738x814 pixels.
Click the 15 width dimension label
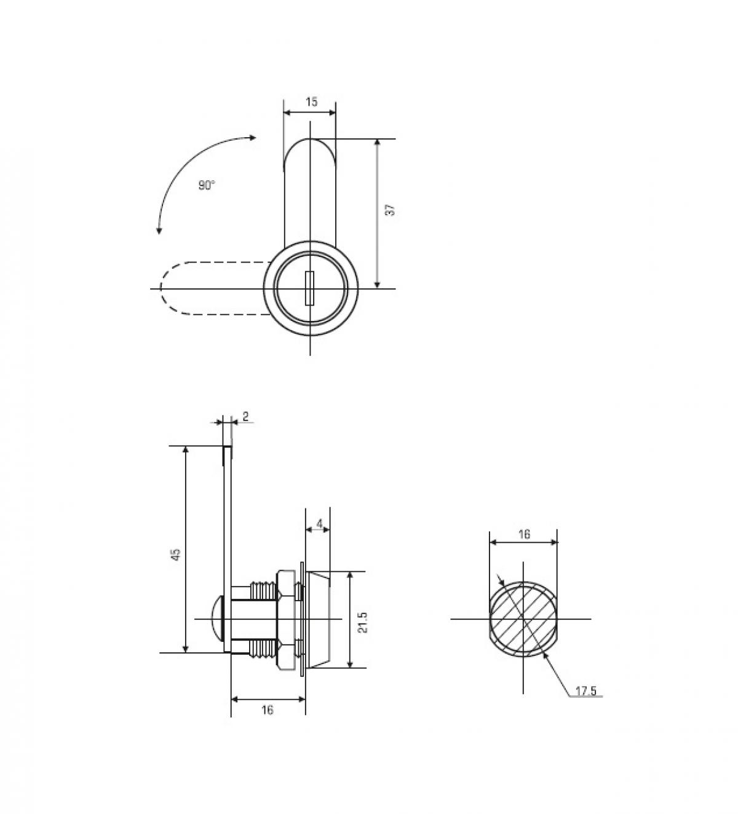[x=311, y=101]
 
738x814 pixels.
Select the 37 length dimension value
[x=389, y=210]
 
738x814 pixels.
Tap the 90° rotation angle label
[x=207, y=185]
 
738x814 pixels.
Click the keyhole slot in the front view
[x=310, y=288]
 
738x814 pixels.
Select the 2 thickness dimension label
[x=245, y=416]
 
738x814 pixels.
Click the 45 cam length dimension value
[x=176, y=553]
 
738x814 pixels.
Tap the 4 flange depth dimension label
[x=319, y=523]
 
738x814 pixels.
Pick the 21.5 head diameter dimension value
[x=362, y=622]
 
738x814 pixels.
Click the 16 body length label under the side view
[x=267, y=710]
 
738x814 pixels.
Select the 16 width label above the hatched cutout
[x=523, y=534]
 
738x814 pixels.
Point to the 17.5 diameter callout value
[x=585, y=691]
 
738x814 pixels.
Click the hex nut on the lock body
[x=285, y=619]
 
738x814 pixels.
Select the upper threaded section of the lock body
[x=263, y=592]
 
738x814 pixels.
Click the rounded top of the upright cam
[x=310, y=148]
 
